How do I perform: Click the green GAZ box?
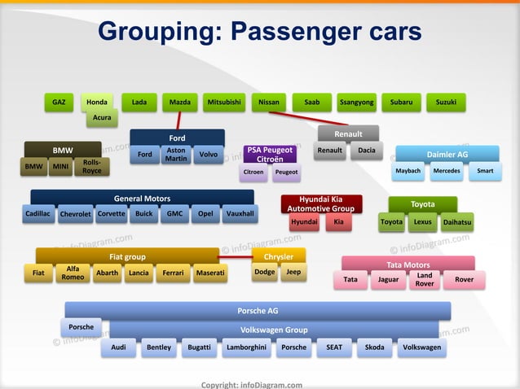coord(59,103)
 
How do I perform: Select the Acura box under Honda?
coord(102,118)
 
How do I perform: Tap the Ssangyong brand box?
coord(357,103)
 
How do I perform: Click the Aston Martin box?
coord(176,155)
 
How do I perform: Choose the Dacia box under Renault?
coord(366,151)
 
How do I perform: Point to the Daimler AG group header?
coord(447,155)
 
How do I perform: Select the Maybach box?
coord(408,172)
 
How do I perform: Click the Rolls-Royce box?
coord(92,167)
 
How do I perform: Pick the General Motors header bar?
coord(142,198)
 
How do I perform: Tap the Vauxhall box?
coord(239,214)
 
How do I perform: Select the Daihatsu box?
coord(457,221)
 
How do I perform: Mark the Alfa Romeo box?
coord(73,273)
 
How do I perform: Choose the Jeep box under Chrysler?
coord(293,273)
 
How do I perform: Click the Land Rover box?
coord(425,280)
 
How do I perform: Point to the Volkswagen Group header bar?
coord(274,330)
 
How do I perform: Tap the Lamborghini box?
coord(245,348)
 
